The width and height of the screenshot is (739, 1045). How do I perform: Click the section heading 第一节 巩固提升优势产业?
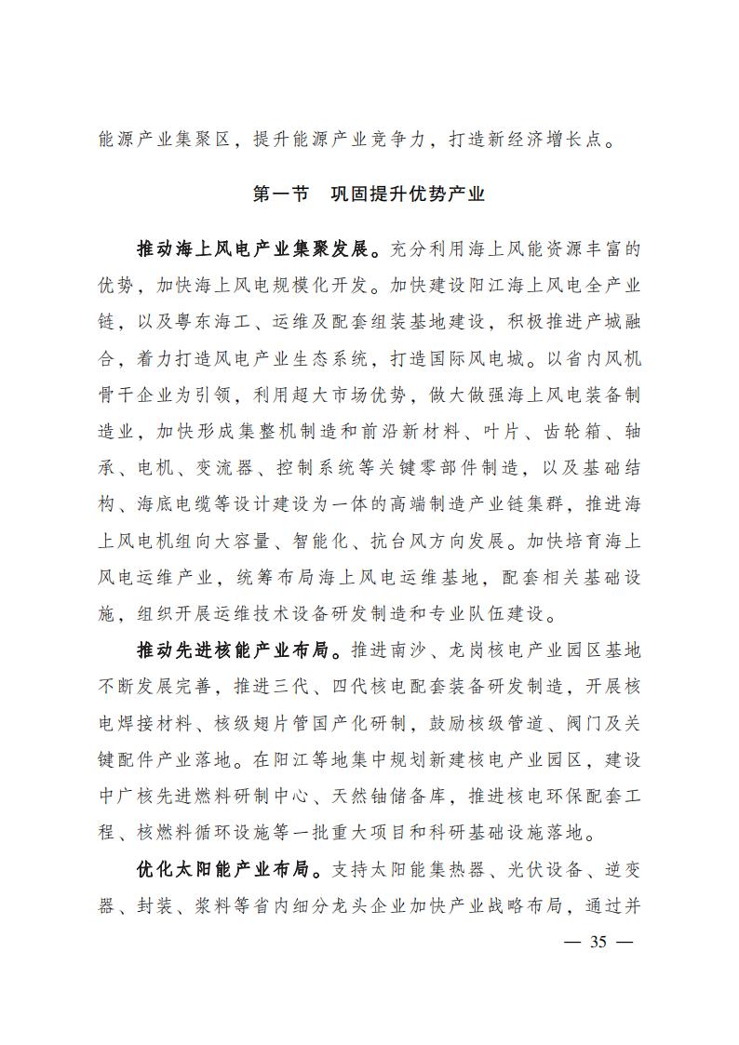[x=369, y=194]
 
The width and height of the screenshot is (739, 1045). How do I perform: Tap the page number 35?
[x=598, y=942]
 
